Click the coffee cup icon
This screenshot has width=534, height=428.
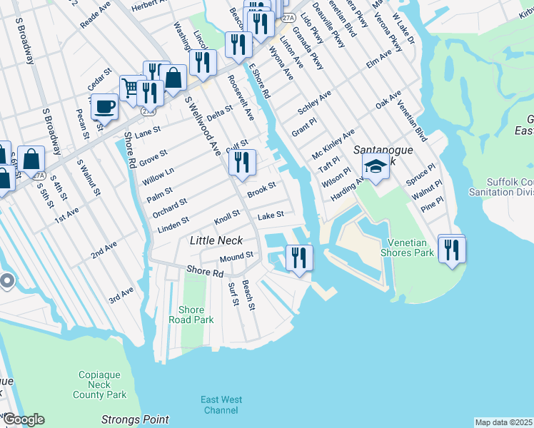(x=104, y=107)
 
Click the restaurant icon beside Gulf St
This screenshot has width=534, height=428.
(x=242, y=162)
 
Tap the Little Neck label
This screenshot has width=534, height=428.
(x=216, y=241)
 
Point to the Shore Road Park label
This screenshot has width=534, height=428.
(x=191, y=315)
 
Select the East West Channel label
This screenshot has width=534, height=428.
(x=221, y=404)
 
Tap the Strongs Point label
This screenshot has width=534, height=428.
(x=136, y=419)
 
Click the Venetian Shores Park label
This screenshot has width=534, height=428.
(x=411, y=248)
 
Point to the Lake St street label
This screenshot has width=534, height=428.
(x=271, y=215)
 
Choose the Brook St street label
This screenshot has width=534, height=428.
(x=261, y=190)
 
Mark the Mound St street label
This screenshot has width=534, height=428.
(x=236, y=256)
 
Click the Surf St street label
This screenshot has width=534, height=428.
(x=232, y=293)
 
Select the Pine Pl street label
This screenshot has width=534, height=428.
(x=431, y=205)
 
